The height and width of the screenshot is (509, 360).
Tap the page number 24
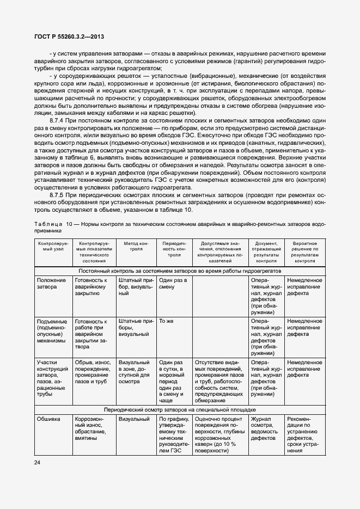click(x=38, y=462)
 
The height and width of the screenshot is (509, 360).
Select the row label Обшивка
click(x=48, y=419)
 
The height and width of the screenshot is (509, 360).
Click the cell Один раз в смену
click(x=173, y=284)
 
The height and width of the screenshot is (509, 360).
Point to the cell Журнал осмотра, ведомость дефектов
click(x=265, y=428)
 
